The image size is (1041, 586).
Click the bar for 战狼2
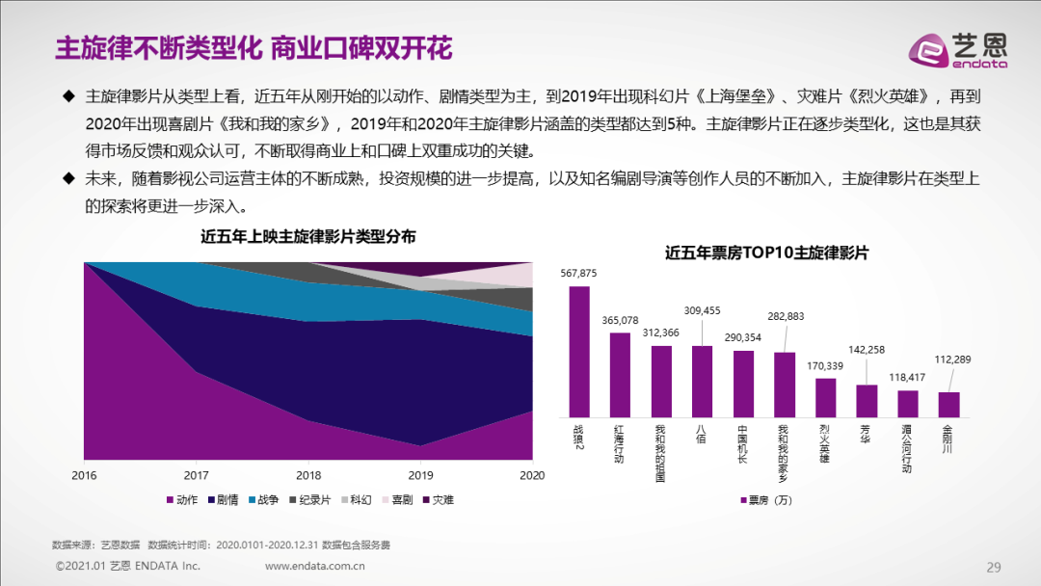click(578, 352)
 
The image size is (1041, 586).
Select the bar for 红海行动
click(620, 375)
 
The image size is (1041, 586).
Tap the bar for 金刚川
click(948, 405)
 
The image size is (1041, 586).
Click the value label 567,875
click(578, 274)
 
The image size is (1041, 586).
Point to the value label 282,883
click(785, 316)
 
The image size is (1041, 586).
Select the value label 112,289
click(952, 360)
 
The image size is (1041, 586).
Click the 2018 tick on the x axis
click(308, 475)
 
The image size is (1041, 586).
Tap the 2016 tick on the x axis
click(85, 475)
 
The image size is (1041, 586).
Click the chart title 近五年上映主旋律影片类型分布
click(308, 237)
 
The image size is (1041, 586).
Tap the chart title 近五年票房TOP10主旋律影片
click(766, 253)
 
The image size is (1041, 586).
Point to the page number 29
click(994, 566)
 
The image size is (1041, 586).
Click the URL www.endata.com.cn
click(314, 566)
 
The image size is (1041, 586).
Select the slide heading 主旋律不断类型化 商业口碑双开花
click(254, 47)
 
